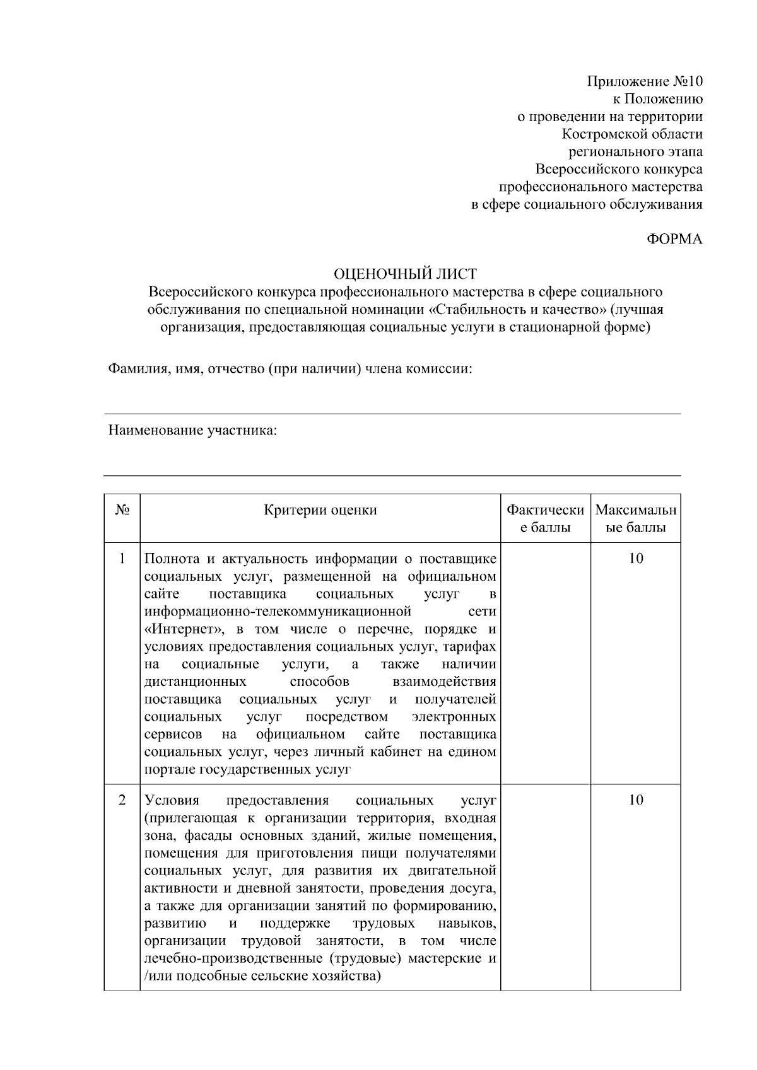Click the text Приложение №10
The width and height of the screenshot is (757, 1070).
coord(644,81)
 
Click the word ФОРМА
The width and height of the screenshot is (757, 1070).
coord(674,240)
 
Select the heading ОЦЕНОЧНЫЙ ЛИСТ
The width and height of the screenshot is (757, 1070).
coord(404,274)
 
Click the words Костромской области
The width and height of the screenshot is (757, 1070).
coord(632,134)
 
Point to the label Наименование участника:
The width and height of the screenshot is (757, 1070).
coord(193,431)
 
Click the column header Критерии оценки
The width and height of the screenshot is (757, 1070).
coord(320,510)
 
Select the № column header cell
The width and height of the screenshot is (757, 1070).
coord(122,510)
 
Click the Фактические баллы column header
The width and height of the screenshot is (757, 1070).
coord(546,518)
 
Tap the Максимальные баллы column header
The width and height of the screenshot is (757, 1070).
coord(635,518)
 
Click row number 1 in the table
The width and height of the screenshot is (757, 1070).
coord(122,559)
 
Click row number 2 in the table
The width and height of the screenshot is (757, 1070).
coord(122,801)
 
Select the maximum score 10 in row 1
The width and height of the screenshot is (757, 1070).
coord(636,559)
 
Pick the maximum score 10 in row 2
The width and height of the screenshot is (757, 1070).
coord(636,801)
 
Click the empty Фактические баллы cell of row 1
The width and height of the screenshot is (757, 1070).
coord(546,662)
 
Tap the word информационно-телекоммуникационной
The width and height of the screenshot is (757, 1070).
coord(278,612)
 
